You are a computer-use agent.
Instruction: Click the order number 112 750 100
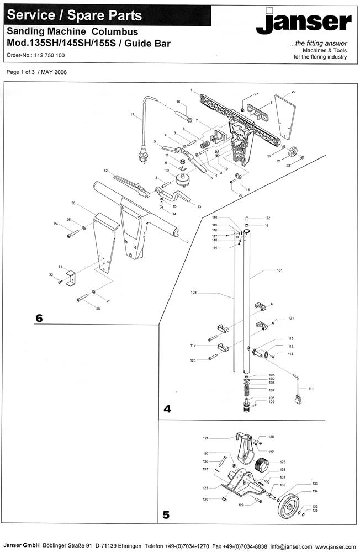tap(50, 55)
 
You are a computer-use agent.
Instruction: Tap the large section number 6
tap(39, 319)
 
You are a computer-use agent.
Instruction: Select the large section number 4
tap(167, 409)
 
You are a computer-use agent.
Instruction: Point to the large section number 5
tap(166, 515)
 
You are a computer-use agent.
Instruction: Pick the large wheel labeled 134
tap(287, 506)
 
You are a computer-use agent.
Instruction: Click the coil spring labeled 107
tap(247, 390)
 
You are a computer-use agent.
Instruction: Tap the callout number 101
tap(279, 270)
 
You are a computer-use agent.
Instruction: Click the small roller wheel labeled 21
tap(293, 153)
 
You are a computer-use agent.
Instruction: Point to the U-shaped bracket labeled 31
tap(71, 278)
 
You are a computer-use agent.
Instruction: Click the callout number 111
tap(311, 389)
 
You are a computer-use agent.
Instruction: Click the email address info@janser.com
tap(291, 546)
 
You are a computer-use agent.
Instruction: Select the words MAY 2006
tap(54, 72)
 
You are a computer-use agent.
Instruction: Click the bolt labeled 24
tap(73, 233)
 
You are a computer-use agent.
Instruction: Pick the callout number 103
tap(193, 293)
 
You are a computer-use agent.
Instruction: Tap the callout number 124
tap(206, 438)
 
